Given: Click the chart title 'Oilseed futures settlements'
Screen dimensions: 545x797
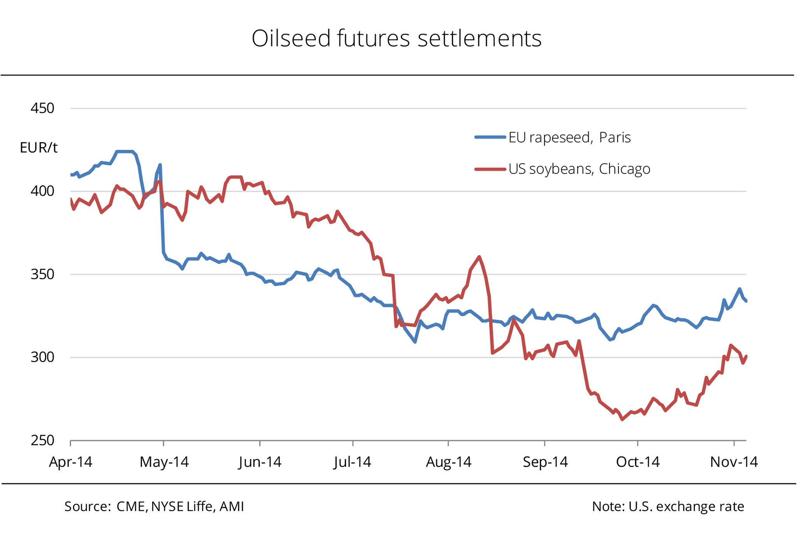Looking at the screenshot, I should click(396, 39).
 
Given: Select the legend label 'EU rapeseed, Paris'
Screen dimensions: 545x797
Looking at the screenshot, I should click(569, 137).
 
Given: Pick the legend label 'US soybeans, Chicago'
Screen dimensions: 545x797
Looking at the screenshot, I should click(579, 169).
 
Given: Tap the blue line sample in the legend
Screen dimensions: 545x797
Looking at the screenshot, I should click(490, 137).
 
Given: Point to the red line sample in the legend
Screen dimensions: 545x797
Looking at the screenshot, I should click(490, 169).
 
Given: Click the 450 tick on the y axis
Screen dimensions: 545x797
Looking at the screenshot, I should click(42, 108).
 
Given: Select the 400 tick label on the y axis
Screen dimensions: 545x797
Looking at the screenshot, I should click(42, 191).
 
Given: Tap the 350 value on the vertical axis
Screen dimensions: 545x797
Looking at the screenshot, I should click(42, 274).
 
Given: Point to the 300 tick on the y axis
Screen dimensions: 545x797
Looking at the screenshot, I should click(42, 357).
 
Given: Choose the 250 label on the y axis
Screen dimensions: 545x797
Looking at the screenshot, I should click(42, 440).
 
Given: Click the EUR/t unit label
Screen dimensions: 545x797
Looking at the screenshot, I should click(39, 148).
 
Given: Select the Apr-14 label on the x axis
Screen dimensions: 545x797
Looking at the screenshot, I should click(70, 462).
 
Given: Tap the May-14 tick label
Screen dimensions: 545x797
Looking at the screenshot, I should click(164, 462).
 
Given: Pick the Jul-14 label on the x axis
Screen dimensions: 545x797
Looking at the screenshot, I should click(353, 462).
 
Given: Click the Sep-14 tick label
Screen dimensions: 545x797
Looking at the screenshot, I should click(545, 462).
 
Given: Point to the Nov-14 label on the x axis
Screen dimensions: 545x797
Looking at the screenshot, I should click(734, 462).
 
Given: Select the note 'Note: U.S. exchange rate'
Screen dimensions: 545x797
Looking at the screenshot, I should click(668, 506).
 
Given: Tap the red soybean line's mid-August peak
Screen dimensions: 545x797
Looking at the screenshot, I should click(479, 257).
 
